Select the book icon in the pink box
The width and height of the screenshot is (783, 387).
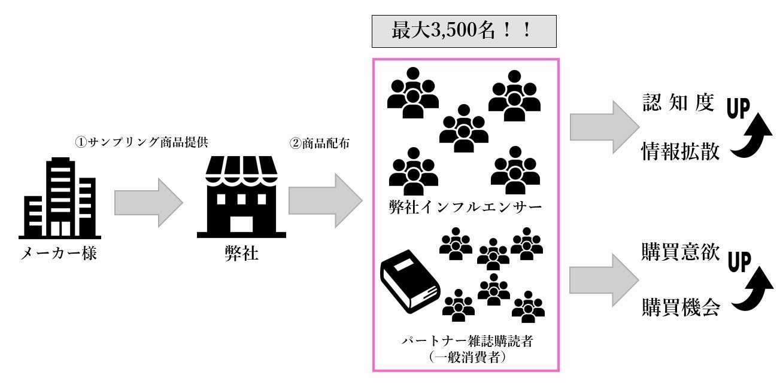pyautogui.click(x=409, y=281)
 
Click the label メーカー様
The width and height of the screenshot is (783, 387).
pyautogui.click(x=58, y=254)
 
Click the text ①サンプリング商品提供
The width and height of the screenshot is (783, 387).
pyautogui.click(x=141, y=143)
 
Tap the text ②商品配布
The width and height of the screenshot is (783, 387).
pyautogui.click(x=320, y=144)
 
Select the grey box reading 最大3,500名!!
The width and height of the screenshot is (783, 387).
pyautogui.click(x=464, y=31)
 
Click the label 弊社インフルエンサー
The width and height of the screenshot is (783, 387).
pyautogui.click(x=465, y=207)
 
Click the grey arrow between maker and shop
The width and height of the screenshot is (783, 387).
pyautogui.click(x=148, y=202)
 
